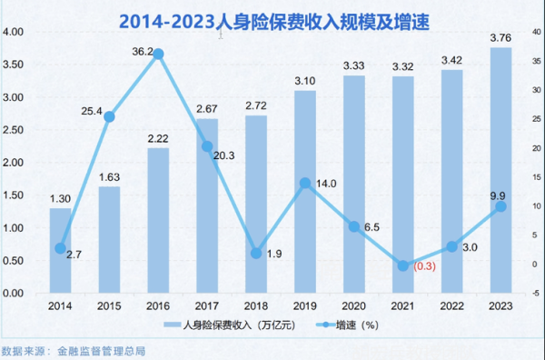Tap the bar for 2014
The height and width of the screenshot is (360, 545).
(61, 251)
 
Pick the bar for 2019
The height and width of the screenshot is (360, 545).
(305, 192)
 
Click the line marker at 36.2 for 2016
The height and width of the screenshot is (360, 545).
(158, 55)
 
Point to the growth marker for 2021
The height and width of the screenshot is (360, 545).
(402, 266)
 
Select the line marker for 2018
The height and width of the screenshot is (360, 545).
(256, 254)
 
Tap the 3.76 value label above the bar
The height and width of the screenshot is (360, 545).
(500, 37)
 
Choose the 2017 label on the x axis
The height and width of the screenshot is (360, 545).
(207, 306)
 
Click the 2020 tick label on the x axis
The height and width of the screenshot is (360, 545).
(354, 306)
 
